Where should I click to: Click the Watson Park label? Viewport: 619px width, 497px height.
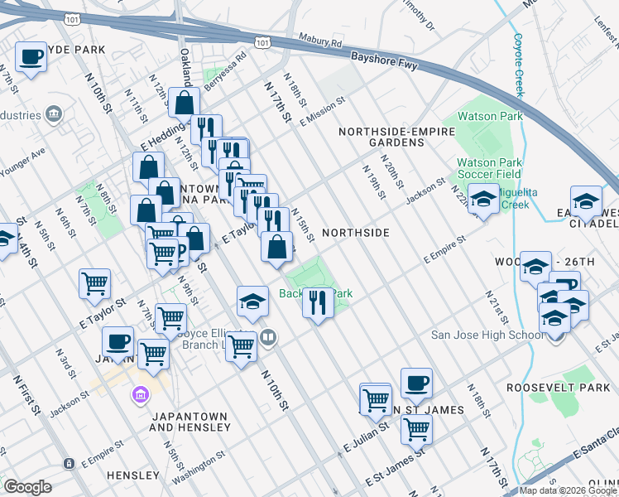tap(490, 116)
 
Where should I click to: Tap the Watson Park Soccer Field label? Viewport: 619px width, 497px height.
tap(489, 168)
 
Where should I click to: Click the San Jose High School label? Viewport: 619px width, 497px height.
tap(485, 335)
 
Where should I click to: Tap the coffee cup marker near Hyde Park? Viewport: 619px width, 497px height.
tap(31, 57)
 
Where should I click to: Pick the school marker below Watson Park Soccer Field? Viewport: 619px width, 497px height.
tap(483, 199)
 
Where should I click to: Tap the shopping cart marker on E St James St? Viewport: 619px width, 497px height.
tap(416, 428)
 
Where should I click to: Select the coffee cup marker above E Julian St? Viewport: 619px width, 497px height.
tap(416, 383)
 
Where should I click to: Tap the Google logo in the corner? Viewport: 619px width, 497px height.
tap(27, 486)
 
